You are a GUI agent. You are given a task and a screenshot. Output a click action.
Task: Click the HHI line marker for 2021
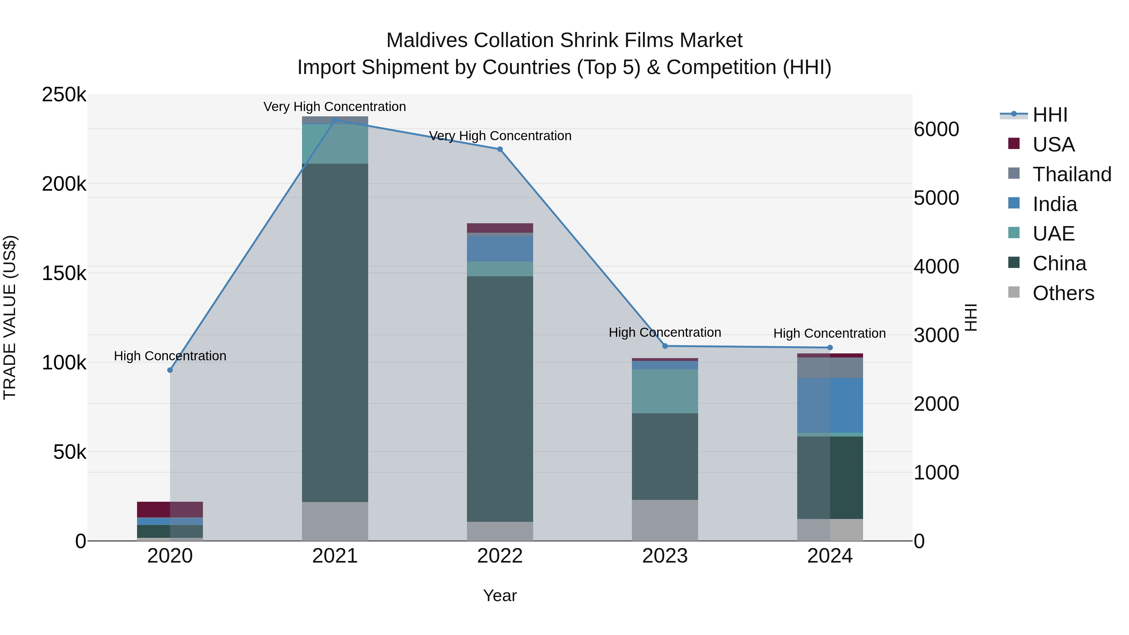coord(335,120)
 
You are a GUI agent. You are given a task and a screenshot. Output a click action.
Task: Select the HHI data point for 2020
coord(170,370)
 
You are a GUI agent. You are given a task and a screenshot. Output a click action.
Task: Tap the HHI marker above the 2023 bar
coord(665,346)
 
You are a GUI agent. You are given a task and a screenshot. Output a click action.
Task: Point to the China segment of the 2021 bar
coord(335,333)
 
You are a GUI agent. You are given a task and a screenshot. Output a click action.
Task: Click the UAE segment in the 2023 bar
coord(665,391)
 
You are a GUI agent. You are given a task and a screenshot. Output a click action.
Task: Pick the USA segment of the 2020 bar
coord(170,509)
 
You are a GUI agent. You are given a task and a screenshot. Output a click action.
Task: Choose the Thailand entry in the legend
coord(1072,174)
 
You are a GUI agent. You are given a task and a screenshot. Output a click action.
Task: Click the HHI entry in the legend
coord(1050,115)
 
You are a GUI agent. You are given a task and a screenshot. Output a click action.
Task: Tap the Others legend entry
coord(1063,293)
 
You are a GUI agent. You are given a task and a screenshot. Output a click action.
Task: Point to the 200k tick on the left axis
coord(64,184)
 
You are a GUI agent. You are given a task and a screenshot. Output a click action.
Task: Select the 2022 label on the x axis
coord(500,556)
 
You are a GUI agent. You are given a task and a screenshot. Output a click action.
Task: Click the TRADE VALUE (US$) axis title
coord(10,317)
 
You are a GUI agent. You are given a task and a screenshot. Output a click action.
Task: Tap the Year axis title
coord(500,595)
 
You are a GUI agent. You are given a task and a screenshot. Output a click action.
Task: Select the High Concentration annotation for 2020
coord(170,356)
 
